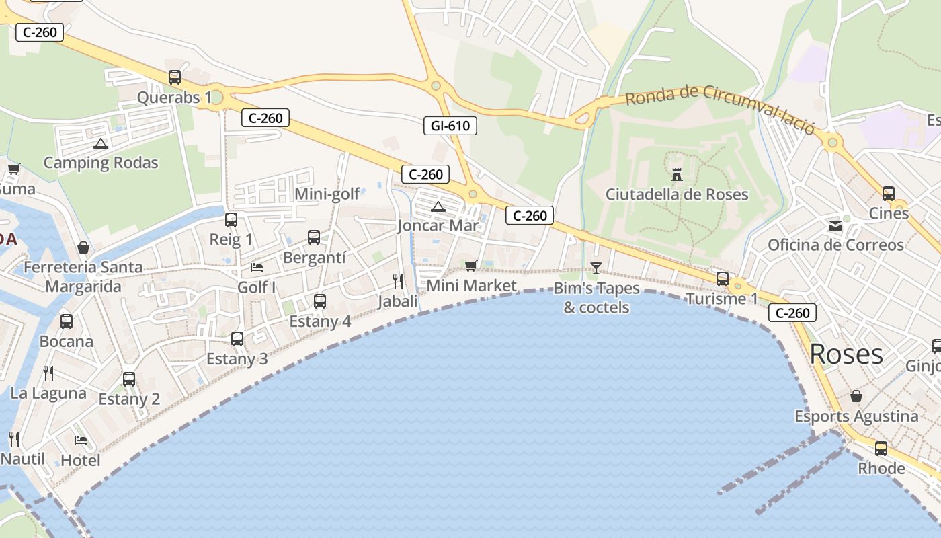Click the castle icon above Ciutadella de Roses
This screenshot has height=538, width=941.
coord(677,174)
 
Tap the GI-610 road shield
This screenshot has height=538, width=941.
coord(450,125)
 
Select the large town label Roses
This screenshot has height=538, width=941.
coord(846,354)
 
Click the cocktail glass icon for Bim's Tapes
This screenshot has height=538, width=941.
coord(596,268)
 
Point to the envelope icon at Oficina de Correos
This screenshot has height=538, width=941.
coord(835,225)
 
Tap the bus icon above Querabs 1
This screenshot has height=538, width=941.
coord(175,77)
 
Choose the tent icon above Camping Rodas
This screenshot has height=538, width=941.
coord(101,143)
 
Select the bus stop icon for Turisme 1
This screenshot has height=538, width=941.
coord(723,278)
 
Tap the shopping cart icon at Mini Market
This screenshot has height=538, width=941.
coord(470,266)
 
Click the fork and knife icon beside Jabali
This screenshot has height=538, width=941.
coord(398,280)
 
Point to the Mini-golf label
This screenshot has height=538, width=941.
coord(327,194)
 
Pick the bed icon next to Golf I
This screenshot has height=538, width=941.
coord(257,267)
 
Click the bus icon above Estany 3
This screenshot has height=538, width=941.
coord(237,339)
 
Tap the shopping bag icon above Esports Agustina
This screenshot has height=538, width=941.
coord(856,396)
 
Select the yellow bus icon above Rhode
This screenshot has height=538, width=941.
coord(881,448)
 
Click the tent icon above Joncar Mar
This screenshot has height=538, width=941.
coord(438,206)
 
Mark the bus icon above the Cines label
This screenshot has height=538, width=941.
coord(889,194)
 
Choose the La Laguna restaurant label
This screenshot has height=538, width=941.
coord(48,393)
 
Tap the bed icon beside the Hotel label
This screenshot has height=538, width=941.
coord(81,440)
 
